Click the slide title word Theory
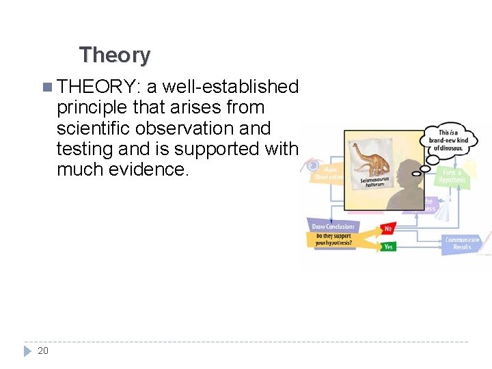pyautogui.click(x=115, y=55)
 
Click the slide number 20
pyautogui.click(x=43, y=351)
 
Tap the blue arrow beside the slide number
pyautogui.click(x=27, y=351)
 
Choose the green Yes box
pyautogui.click(x=389, y=247)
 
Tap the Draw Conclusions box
pyautogui.click(x=333, y=226)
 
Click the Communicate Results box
pyautogui.click(x=462, y=243)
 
